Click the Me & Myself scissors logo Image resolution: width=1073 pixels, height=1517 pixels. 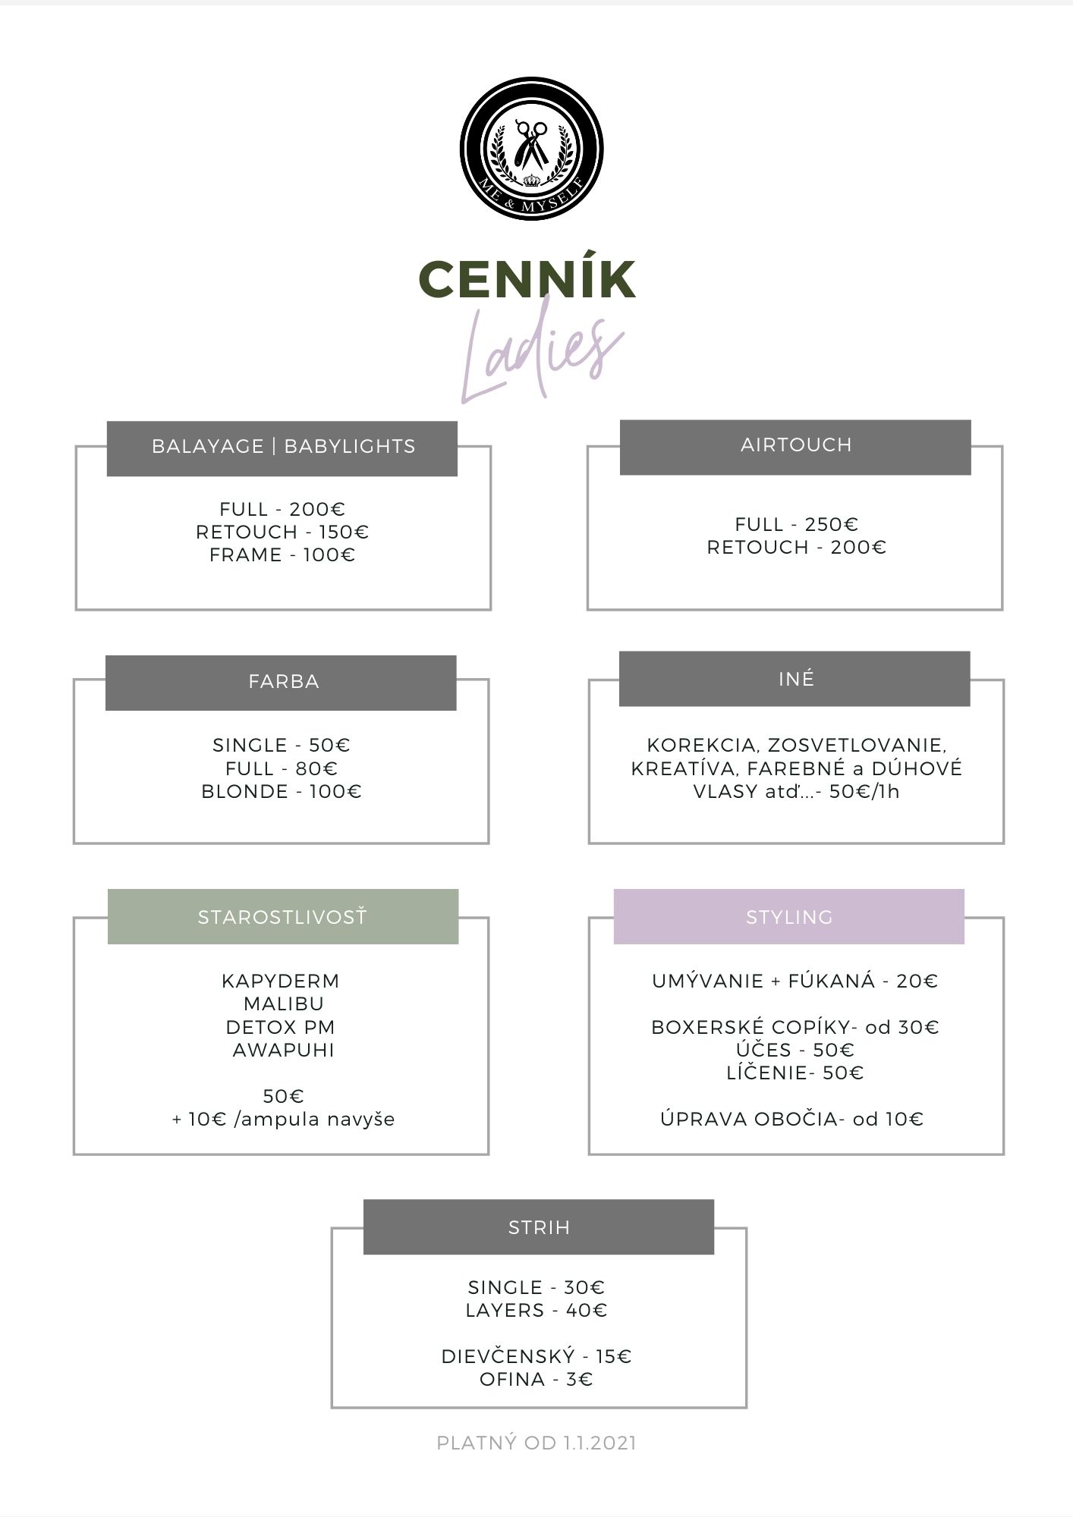point(531,149)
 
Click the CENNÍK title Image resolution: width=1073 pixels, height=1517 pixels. point(527,278)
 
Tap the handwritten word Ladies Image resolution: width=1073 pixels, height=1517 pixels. point(541,355)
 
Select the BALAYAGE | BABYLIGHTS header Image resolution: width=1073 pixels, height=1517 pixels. point(282,448)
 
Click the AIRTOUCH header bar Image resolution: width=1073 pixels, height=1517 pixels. point(795,447)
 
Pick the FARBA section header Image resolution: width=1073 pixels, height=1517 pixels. point(281,683)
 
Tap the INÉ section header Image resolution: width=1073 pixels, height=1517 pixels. point(795,678)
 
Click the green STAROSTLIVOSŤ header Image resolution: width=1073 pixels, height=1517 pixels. point(283,916)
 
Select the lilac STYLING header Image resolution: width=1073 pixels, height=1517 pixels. point(789,916)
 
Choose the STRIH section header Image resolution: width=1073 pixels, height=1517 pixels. point(539,1226)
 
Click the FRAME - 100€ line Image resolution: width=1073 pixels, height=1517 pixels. point(282,555)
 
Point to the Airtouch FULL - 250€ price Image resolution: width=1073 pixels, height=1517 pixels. point(797,524)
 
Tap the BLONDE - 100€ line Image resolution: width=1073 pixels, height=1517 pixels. point(282,792)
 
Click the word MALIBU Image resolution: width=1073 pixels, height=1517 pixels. point(284,1004)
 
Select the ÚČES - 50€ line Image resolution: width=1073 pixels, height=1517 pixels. point(795,1051)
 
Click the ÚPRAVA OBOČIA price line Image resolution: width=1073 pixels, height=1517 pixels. point(792,1119)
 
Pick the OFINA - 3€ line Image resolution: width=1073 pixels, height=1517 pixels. point(536,1379)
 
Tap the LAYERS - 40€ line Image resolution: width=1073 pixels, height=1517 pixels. point(536,1310)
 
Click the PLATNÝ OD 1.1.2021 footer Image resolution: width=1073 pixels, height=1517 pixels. point(536,1443)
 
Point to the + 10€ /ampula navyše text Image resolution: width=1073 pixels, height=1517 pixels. point(283,1120)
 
